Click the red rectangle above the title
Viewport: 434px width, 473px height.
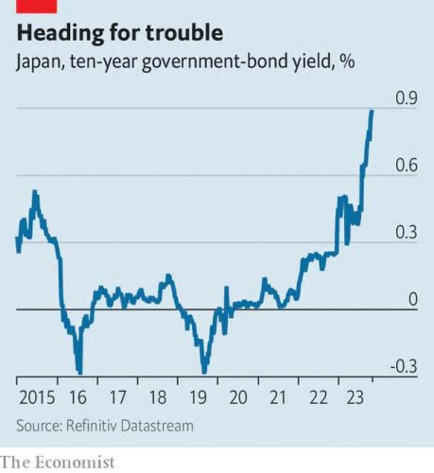[37, 7]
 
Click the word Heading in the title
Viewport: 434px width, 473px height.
[60, 33]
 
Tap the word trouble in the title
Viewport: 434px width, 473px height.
[184, 32]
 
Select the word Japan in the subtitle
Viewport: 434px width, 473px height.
[39, 61]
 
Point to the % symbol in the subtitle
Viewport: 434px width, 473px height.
[347, 61]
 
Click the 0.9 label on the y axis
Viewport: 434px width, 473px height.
[407, 97]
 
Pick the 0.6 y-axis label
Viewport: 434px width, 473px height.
[407, 165]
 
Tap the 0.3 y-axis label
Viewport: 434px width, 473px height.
[407, 232]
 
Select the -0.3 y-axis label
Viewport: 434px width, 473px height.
[404, 366]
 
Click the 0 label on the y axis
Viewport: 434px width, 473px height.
[412, 299]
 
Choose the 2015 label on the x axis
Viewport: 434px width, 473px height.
[37, 397]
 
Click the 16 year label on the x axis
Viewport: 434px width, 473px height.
[78, 397]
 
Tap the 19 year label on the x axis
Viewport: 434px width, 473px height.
[198, 397]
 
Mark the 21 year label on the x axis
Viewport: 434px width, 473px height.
[278, 397]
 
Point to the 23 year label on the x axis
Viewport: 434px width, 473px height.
[356, 397]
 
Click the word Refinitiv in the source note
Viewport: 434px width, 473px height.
[92, 426]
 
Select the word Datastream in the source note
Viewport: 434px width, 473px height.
[157, 426]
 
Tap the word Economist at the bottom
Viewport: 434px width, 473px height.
[75, 463]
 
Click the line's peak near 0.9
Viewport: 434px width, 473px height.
[373, 111]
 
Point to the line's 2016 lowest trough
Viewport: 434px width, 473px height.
[80, 372]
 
